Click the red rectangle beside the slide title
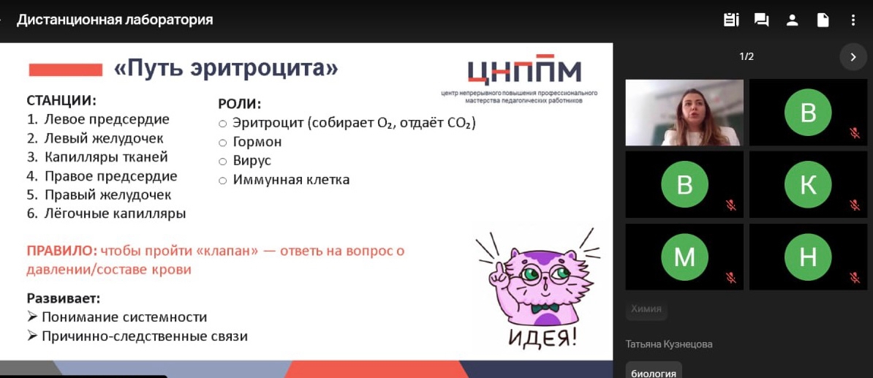[x=65, y=70]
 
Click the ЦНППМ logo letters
[x=524, y=71]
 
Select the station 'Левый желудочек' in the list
[x=104, y=138]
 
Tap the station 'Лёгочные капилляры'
[x=115, y=213]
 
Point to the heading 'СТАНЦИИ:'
[x=61, y=101]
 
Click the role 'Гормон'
[x=257, y=142]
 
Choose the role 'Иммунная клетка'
[x=291, y=179]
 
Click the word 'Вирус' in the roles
[x=252, y=160]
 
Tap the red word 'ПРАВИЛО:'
[x=61, y=251]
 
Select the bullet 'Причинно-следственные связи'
[x=144, y=336]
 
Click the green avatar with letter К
[x=808, y=185]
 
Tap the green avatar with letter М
[x=684, y=257]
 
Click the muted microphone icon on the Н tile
[x=854, y=277]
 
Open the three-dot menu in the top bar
[x=853, y=20]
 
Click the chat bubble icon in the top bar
[x=761, y=20]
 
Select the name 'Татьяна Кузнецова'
[x=669, y=344]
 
